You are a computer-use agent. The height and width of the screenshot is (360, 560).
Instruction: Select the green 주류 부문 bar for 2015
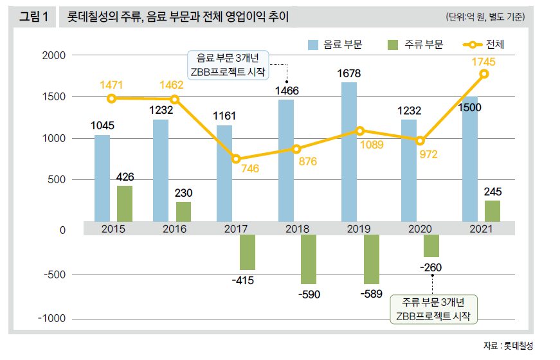(125, 204)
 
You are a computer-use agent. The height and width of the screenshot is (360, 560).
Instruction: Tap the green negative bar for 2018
(309, 259)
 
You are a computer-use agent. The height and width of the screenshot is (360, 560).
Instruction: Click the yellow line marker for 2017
(237, 159)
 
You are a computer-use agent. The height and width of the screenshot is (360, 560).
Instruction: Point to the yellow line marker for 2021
(484, 74)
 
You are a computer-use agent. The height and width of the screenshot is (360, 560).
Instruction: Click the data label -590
(308, 295)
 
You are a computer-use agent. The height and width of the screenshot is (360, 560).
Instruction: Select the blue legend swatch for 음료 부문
(314, 44)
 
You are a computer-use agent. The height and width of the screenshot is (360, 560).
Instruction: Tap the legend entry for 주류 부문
(414, 44)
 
